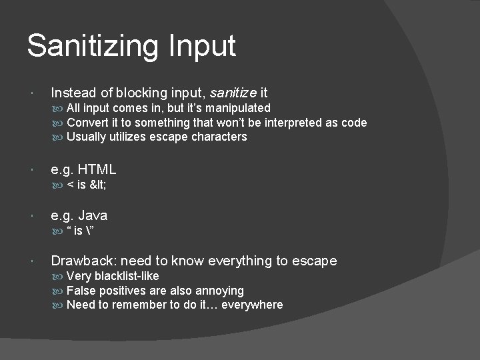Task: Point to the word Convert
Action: pyautogui.click(x=88, y=123)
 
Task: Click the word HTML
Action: pyautogui.click(x=98, y=170)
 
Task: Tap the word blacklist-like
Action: pyautogui.click(x=126, y=276)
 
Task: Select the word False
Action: pyautogui.click(x=81, y=291)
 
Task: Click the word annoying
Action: pyautogui.click(x=220, y=291)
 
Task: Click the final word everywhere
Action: pyautogui.click(x=252, y=305)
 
